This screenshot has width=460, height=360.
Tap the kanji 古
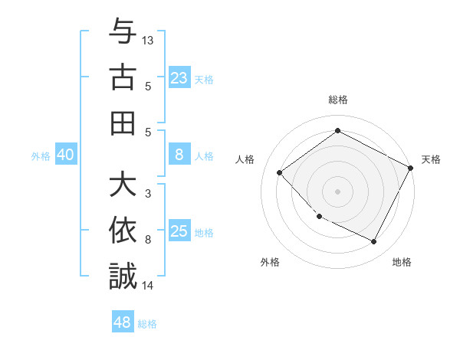pos(123,79)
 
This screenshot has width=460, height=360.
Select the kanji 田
pos(123,123)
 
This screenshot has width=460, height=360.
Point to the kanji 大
pos(123,186)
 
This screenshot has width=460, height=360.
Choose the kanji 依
pos(123,231)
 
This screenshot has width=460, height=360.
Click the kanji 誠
pos(123,277)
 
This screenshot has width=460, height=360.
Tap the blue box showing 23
pos(179,78)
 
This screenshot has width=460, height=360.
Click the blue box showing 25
pos(179,232)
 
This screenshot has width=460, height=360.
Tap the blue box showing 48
pos(123,322)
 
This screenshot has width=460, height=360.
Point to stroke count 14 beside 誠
pos(149,286)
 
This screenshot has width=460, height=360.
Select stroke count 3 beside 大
pos(148,194)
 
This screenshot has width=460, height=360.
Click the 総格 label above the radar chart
pos(338,100)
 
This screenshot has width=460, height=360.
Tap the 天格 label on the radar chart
pos(431,159)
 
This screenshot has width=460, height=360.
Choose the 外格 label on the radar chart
pos(270,262)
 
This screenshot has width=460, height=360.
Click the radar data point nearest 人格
pos(280,172)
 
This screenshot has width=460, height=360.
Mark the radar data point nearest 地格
pos(373,242)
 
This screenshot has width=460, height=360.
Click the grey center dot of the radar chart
pos(338,191)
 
